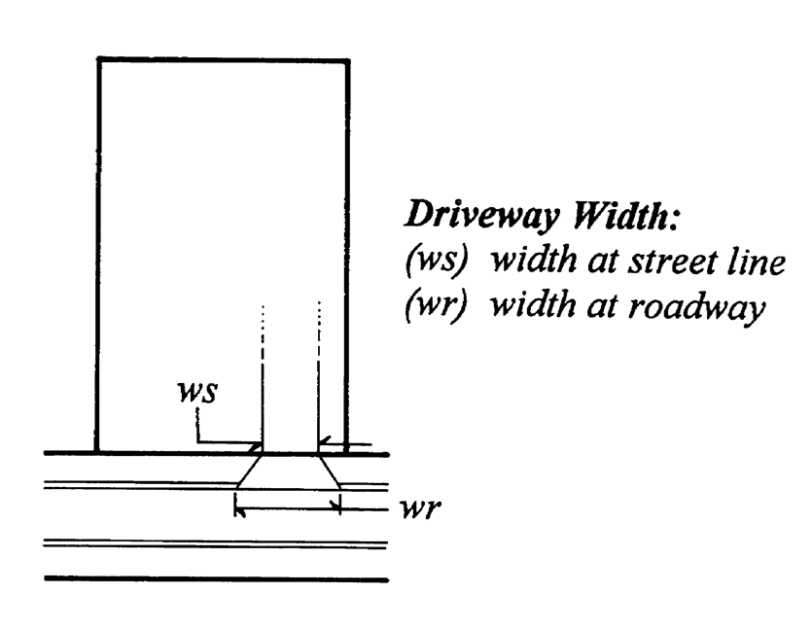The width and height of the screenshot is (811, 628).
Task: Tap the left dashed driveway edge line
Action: [263, 379]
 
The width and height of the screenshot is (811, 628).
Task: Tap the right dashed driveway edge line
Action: [319, 379]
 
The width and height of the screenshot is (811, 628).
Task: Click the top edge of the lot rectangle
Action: [223, 61]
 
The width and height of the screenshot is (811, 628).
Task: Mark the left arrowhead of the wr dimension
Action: [239, 506]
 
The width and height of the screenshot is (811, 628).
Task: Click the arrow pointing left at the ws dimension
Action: [326, 442]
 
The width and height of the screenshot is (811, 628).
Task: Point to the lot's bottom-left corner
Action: [97, 452]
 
